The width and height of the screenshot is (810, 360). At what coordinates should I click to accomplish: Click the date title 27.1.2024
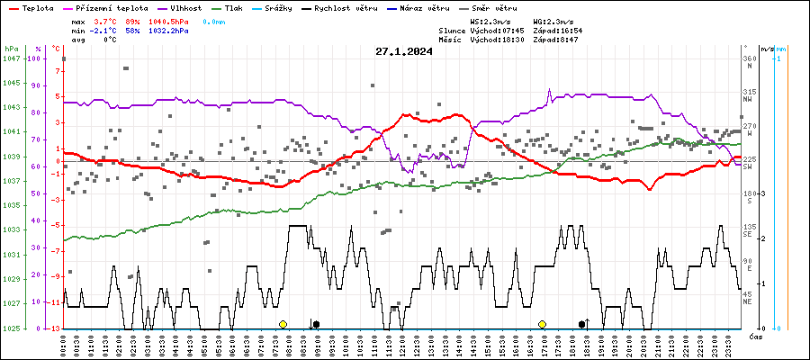point(404,51)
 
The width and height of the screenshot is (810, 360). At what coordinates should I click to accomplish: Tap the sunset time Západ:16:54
point(558,30)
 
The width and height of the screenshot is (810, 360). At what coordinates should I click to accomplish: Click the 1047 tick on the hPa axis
point(11,58)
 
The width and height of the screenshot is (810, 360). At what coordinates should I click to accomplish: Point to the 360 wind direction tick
point(748,58)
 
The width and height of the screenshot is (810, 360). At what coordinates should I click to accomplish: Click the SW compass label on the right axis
point(748,167)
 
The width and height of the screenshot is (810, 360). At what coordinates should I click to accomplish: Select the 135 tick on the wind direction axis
point(748,227)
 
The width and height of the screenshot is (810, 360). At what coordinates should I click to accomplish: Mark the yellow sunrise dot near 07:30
point(283,324)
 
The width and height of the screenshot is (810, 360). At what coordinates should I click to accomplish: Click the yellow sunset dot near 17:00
point(542,324)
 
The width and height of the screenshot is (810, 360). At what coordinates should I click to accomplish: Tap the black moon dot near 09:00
point(315,324)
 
